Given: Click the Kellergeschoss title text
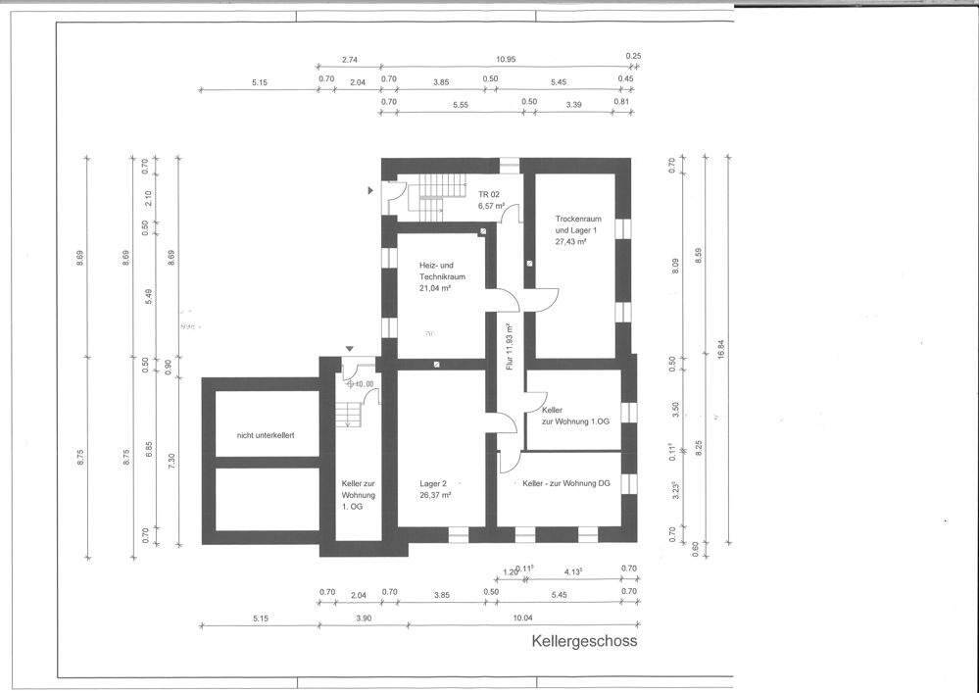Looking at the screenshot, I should [584, 642].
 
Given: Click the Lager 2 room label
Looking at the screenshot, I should [434, 483].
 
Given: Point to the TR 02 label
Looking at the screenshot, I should [489, 195].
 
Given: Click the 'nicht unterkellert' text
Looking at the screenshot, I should [267, 434].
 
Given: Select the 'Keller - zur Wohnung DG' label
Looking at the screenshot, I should [565, 483].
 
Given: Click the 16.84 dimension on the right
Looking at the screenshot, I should [721, 350].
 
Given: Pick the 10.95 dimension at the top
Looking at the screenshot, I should [506, 59].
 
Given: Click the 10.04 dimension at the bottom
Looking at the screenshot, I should [521, 618].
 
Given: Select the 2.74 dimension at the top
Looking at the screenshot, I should [349, 59].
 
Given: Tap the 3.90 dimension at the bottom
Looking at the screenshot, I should [364, 618].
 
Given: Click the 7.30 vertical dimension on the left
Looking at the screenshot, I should [171, 459].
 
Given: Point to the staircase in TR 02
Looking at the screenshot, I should [431, 195].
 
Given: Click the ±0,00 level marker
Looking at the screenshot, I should [361, 384].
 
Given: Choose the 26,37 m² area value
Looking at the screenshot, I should [435, 496].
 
